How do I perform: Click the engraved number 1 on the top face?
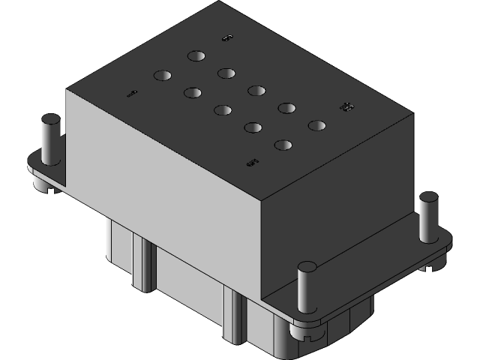(x=132, y=94)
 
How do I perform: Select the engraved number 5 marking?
(x=253, y=161)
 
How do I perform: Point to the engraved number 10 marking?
(x=346, y=108)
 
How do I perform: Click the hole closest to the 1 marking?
(x=163, y=75)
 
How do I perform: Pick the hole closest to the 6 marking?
(x=196, y=56)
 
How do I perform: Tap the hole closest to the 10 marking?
(x=316, y=125)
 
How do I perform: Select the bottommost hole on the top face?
(x=283, y=145)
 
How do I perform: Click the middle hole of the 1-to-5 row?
(x=222, y=110)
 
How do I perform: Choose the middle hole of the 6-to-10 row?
(x=256, y=91)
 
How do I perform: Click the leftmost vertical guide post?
(x=51, y=139)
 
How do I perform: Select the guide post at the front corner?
(x=307, y=288)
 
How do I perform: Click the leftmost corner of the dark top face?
(x=67, y=91)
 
